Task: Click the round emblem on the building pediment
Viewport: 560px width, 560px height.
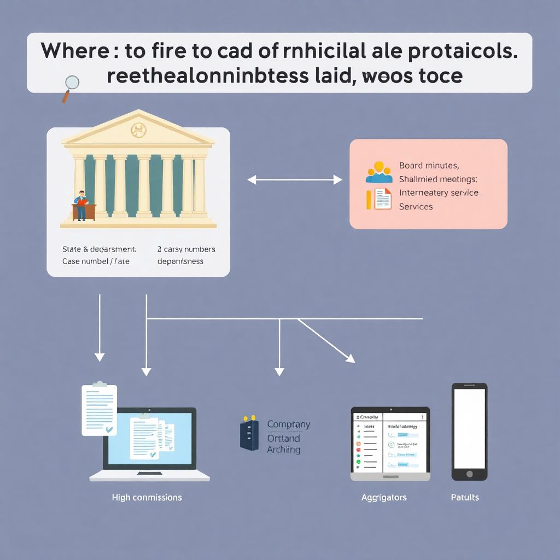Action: (x=138, y=130)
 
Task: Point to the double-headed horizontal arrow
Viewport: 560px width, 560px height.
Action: (x=295, y=179)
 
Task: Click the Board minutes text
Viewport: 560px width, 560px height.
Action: (x=429, y=165)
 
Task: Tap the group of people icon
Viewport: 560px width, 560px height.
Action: (x=378, y=172)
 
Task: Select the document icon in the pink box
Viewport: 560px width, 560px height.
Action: (x=383, y=199)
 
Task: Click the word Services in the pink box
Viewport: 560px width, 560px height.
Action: (x=416, y=207)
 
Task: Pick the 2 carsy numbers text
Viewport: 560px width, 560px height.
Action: (x=186, y=249)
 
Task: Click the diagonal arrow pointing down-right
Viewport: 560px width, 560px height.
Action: (x=327, y=341)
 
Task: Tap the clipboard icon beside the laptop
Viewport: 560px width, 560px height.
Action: (x=100, y=409)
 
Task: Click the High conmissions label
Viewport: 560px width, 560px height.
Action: (x=147, y=497)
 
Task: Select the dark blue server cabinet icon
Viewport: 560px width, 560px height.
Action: (x=249, y=433)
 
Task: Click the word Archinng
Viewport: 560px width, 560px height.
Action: (x=284, y=450)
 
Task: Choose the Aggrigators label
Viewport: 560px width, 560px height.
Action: (x=384, y=497)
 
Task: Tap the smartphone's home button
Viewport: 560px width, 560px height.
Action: (x=469, y=473)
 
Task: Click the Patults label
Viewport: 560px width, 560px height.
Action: (x=465, y=497)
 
